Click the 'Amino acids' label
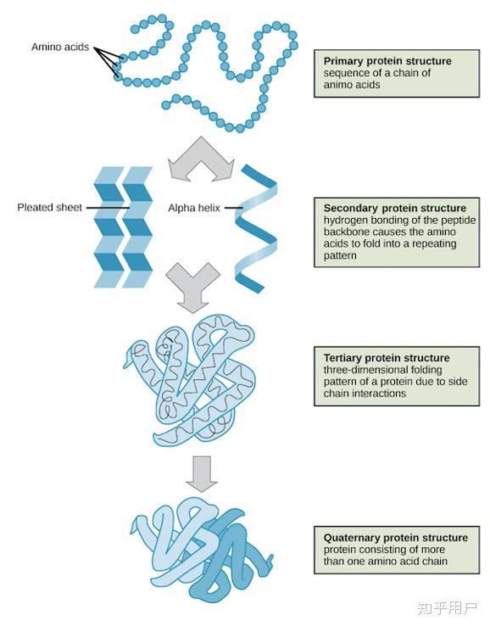(x=60, y=48)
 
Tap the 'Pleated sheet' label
(x=49, y=208)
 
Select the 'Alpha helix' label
(x=194, y=208)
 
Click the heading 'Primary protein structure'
(x=387, y=61)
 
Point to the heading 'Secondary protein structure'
(x=395, y=208)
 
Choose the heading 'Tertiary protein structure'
(x=387, y=358)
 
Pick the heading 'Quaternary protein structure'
(x=396, y=538)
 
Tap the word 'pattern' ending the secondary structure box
(x=340, y=255)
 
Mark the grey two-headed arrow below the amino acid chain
(x=201, y=159)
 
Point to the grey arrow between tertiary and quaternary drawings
(x=202, y=474)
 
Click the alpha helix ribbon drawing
(x=256, y=228)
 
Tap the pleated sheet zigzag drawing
(x=123, y=227)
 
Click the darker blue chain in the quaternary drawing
(x=231, y=559)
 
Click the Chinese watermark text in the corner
(x=447, y=608)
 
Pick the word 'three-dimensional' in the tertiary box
(x=382, y=370)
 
